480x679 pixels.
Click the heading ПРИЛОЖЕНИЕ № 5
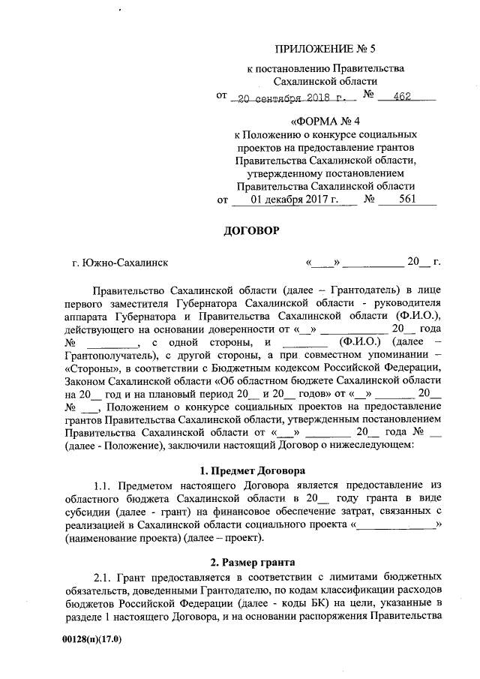click(x=325, y=50)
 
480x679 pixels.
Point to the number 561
click(x=407, y=200)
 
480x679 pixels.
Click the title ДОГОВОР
click(x=251, y=231)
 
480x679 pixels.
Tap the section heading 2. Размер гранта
click(x=251, y=562)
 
